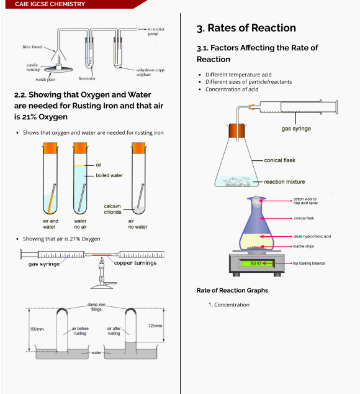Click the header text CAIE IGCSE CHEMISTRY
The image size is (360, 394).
pyautogui.click(x=50, y=4)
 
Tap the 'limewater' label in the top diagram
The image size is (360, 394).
pyautogui.click(x=87, y=79)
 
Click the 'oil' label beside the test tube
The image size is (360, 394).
pyautogui.click(x=98, y=165)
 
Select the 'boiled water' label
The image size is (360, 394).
pyautogui.click(x=109, y=175)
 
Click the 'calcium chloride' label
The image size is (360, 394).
pyautogui.click(x=112, y=209)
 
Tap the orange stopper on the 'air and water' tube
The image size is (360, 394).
pyautogui.click(x=50, y=149)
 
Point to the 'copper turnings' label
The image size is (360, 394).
pyautogui.click(x=135, y=263)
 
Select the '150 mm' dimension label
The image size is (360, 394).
pyautogui.click(x=37, y=329)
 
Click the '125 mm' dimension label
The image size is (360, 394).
pyautogui.click(x=156, y=326)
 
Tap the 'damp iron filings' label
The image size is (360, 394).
pyautogui.click(x=96, y=306)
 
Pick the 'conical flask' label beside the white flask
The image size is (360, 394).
pyautogui.click(x=279, y=160)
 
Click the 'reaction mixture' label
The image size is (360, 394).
pyautogui.click(x=284, y=182)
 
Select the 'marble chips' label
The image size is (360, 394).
pyautogui.click(x=304, y=246)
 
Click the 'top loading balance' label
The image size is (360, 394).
pyautogui.click(x=308, y=263)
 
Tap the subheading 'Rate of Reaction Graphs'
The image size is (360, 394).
pyautogui.click(x=232, y=290)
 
